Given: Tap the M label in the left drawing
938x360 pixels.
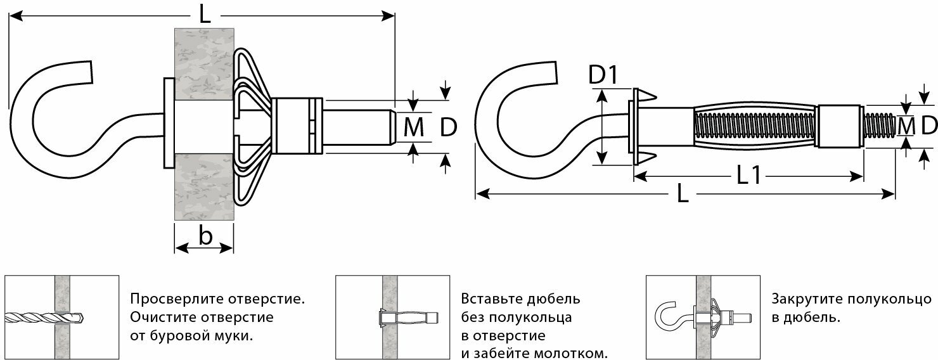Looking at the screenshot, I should tap(414, 128).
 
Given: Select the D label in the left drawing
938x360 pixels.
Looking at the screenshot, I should tap(448, 128).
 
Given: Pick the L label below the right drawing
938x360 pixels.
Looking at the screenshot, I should tap(683, 195).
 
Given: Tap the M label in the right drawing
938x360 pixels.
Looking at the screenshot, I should tap(907, 126).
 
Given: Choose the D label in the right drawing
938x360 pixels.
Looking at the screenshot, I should tap(928, 125).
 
